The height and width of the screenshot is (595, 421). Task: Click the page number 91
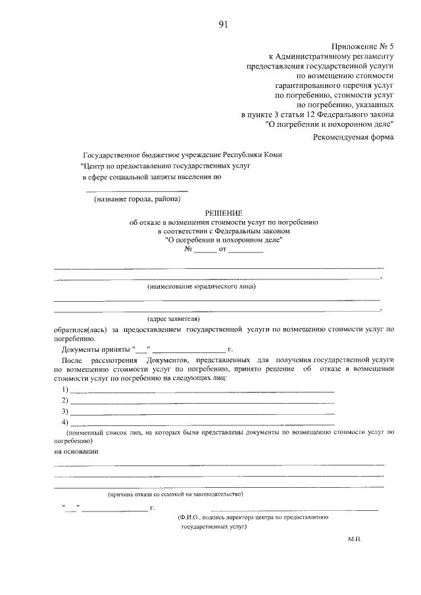(x=223, y=26)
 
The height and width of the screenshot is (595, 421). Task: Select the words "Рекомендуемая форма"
(x=353, y=137)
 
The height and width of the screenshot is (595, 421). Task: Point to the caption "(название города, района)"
(x=136, y=199)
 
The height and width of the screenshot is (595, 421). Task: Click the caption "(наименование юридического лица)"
(x=201, y=287)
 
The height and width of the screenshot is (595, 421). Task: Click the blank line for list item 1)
(x=203, y=391)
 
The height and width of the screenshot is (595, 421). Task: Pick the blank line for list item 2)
(x=203, y=402)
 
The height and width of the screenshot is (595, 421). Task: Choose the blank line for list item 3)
(x=203, y=412)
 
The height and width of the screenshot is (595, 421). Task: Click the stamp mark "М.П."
(x=355, y=538)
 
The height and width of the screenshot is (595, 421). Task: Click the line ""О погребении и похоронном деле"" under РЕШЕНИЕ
(x=224, y=240)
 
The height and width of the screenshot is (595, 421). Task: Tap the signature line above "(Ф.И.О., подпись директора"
(x=294, y=510)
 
